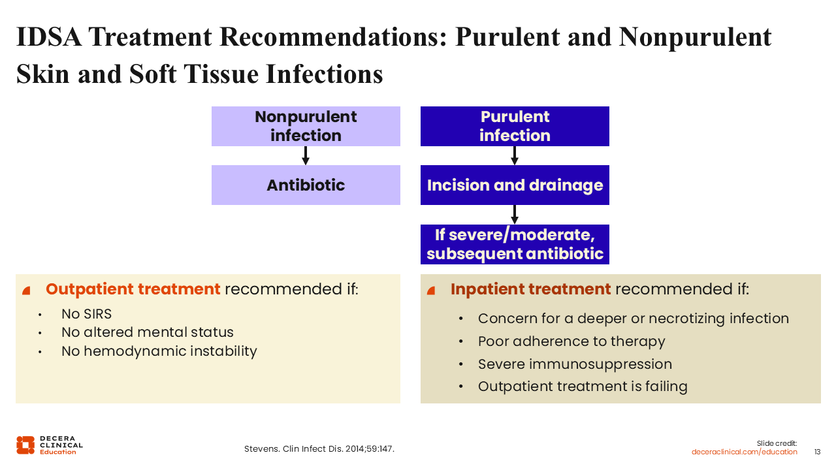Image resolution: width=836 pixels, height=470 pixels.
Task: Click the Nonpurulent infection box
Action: coord(306,126)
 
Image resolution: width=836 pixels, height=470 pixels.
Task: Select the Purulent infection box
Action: coord(515,126)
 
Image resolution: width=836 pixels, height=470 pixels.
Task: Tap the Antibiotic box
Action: coord(306,185)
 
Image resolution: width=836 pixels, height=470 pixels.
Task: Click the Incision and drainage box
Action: coord(515,185)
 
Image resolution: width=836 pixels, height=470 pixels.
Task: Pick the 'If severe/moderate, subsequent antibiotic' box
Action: coord(515,244)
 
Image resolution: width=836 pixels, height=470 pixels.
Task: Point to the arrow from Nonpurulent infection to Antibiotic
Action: coord(306,155)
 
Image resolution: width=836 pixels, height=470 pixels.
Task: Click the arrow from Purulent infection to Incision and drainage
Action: coord(515,155)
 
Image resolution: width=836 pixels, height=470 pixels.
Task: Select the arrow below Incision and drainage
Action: coord(515,215)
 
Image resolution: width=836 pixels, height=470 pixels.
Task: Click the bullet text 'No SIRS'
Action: coord(87,314)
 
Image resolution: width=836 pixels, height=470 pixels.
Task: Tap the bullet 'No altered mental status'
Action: coord(148,332)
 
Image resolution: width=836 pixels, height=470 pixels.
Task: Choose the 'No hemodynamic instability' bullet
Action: coord(159,351)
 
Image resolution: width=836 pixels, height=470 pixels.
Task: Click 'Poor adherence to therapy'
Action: coord(571,341)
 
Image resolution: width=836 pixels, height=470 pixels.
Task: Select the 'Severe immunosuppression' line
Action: coord(575,364)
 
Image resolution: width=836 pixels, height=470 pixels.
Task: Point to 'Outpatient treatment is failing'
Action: coord(583,386)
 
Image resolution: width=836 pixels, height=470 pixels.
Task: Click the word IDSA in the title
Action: coord(48,37)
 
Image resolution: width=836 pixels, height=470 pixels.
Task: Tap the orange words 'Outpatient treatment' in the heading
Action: coord(133,289)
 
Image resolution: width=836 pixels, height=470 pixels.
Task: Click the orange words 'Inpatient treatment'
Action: coord(530,289)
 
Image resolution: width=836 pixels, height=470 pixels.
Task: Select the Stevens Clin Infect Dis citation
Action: coord(319,448)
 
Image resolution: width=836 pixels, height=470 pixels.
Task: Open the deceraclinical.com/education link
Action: coord(744,452)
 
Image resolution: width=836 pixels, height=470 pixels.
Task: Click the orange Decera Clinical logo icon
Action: coord(25,445)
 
